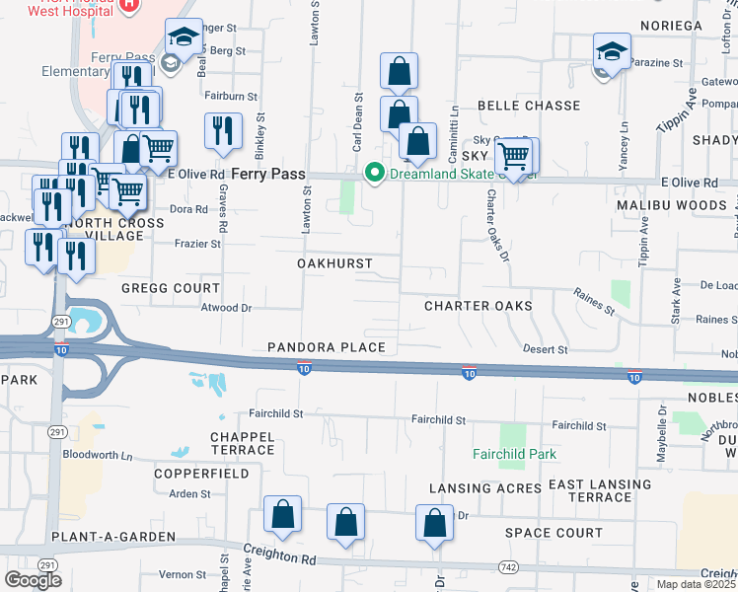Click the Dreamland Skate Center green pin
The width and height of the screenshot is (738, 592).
coord(374,173)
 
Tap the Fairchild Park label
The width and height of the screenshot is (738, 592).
coord(513,454)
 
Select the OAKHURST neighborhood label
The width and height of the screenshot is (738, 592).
coord(335,263)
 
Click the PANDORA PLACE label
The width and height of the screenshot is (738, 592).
coord(320,348)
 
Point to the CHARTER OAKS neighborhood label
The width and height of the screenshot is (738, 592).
coord(479,306)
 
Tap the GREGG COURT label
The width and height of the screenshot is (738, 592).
coord(170,288)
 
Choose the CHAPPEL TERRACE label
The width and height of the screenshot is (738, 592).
coord(242,442)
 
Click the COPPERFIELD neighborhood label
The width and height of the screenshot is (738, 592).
coord(202,474)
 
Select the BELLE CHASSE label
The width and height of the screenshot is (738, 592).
coord(529,105)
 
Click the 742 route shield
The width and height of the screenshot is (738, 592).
coord(508,566)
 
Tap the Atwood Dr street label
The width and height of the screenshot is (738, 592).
coord(226,308)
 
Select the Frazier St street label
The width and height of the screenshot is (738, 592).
coord(197,244)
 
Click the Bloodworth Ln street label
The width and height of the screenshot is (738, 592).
coord(97,456)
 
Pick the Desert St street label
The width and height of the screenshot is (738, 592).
coord(546,349)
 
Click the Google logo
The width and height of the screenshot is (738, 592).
coord(34,580)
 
